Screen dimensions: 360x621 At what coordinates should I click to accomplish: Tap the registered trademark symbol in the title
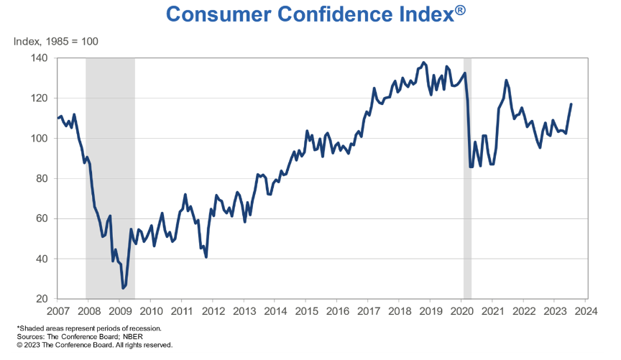point(464,9)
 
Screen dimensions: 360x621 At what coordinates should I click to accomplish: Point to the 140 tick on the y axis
point(39,57)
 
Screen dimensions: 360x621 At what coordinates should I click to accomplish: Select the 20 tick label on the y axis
point(42,299)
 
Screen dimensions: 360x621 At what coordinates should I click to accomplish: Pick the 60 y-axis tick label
point(42,218)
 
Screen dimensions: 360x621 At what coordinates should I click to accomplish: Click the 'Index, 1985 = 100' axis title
point(55,41)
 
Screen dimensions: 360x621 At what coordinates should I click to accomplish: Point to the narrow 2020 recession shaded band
point(467,180)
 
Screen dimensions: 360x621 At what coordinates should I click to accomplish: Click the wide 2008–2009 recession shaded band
point(110,180)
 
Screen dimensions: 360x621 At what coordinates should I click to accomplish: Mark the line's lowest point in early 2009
point(123,288)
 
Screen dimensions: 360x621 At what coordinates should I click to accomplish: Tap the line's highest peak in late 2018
point(423,63)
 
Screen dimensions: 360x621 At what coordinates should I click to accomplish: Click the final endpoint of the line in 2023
point(571,104)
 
